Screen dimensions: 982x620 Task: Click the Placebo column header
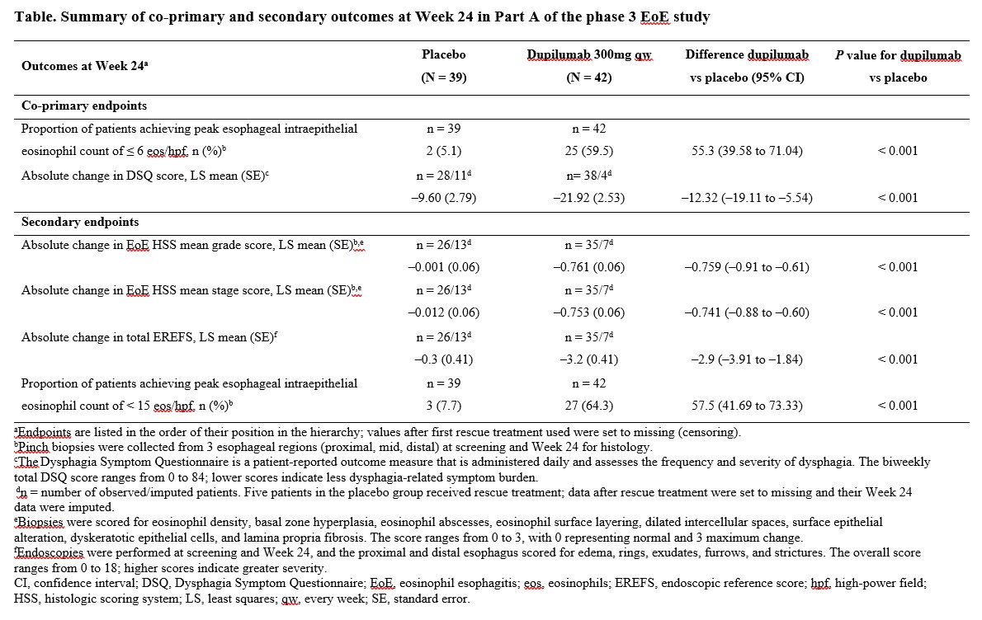pos(443,54)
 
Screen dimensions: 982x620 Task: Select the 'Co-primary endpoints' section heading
pos(84,106)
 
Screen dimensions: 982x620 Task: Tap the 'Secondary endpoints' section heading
pos(80,222)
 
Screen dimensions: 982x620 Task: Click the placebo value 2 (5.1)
pos(443,151)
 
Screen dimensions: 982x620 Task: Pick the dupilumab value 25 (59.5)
pos(588,151)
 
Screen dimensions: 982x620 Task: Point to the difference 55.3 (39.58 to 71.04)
pos(747,151)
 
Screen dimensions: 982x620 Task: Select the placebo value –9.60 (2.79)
pos(443,198)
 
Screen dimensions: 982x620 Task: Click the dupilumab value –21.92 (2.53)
pos(588,198)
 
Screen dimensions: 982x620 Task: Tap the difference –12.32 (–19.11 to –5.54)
pos(747,198)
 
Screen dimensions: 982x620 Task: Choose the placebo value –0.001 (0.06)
pos(443,267)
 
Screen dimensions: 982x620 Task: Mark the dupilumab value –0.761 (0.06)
pos(588,267)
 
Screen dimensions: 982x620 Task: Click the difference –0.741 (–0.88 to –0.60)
pos(747,312)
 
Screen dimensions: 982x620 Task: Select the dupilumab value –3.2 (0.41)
pos(588,359)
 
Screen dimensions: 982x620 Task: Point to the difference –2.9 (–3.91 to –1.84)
pos(747,359)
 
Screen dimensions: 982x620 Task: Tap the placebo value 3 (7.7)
pos(443,406)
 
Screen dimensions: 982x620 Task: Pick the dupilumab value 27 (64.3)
pos(588,406)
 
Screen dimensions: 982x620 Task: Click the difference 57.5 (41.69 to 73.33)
pos(747,406)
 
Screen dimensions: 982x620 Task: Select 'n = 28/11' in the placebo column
pos(443,175)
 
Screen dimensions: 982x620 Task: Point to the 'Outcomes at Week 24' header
pos(84,66)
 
